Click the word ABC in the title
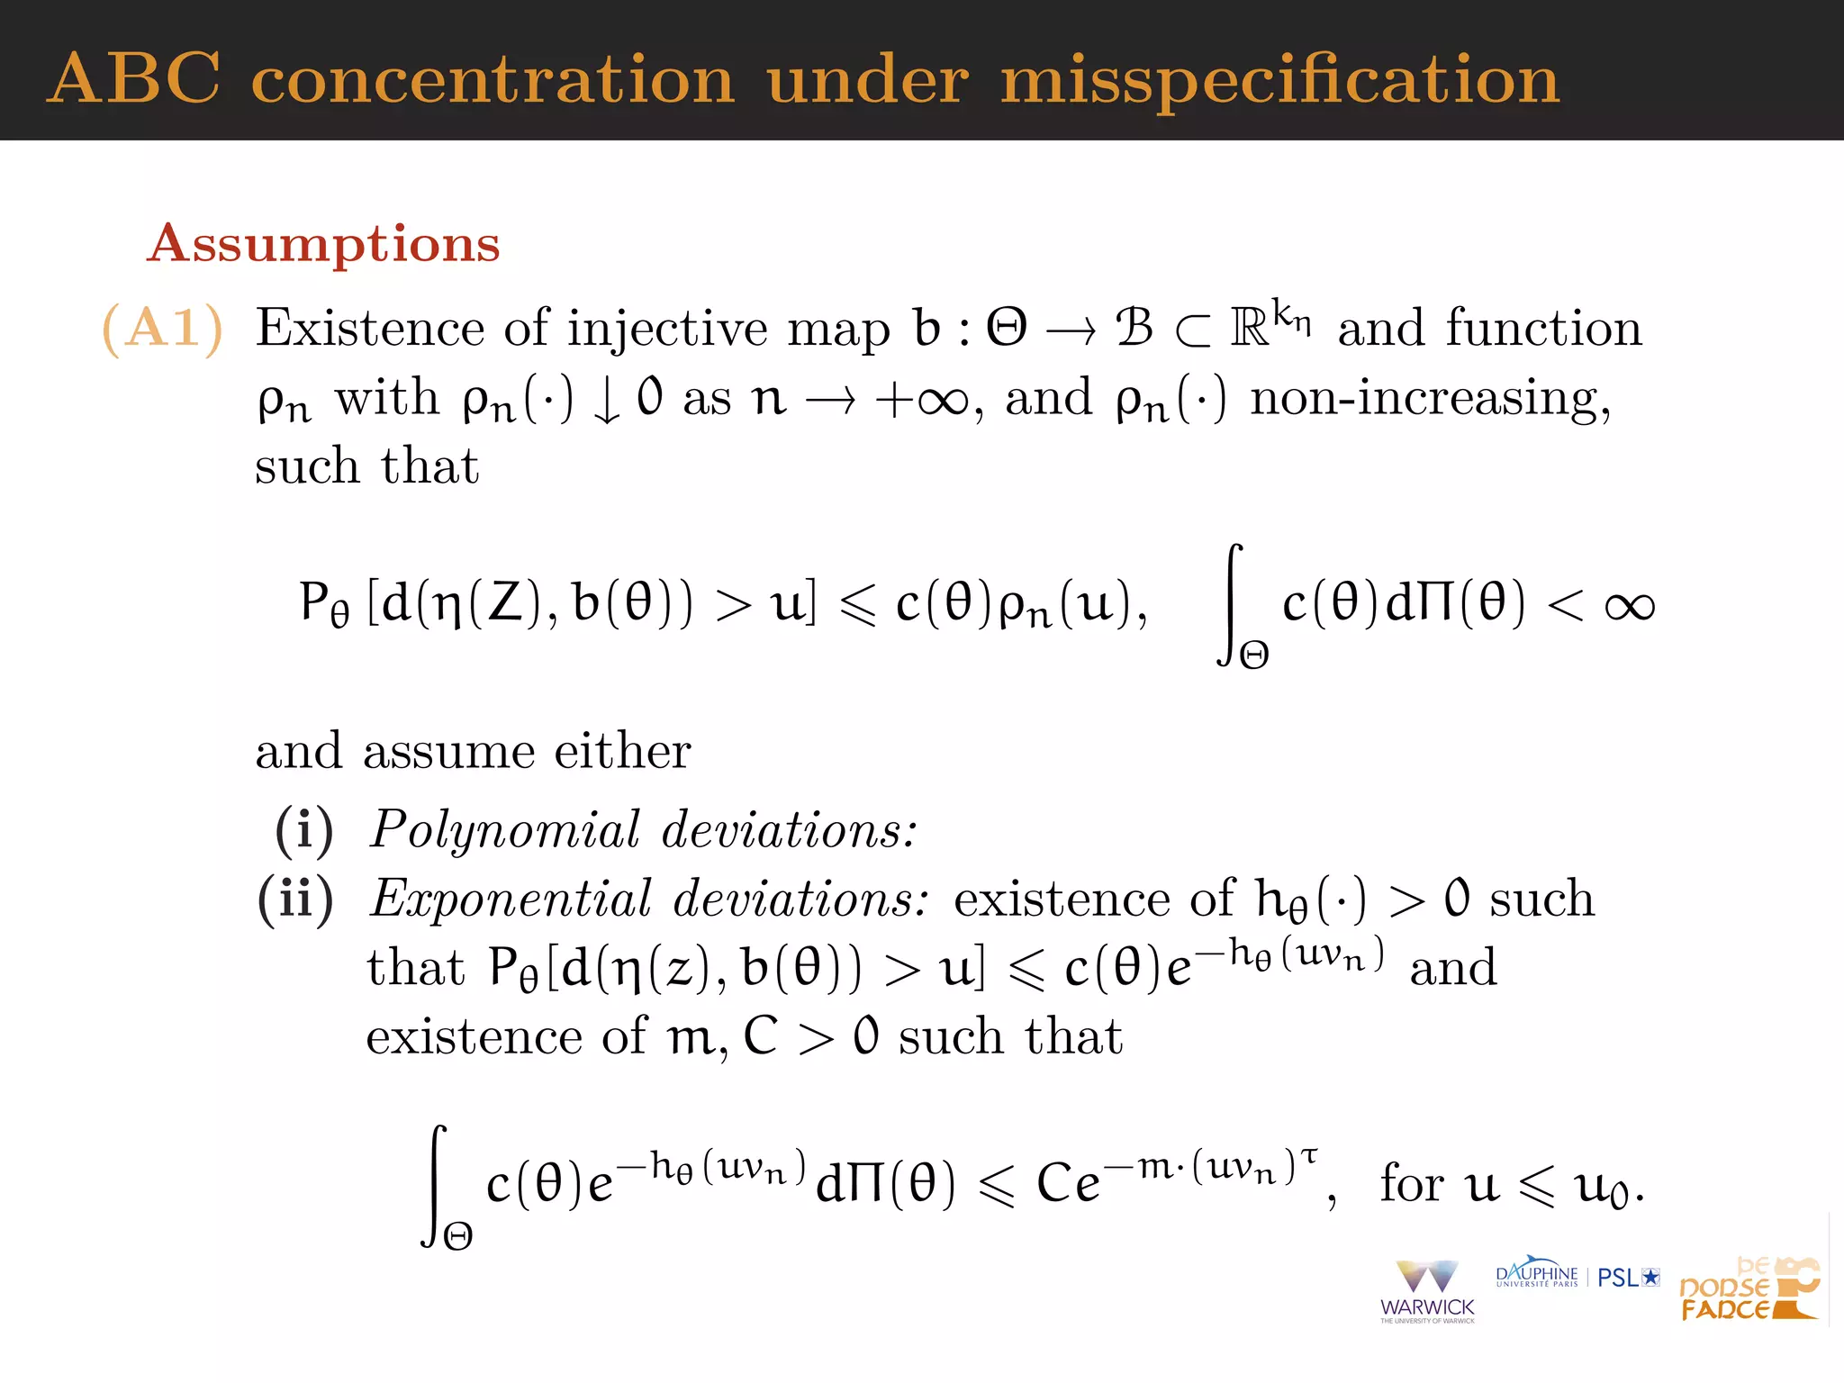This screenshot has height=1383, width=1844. tap(133, 79)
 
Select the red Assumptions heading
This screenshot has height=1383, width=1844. tap(323, 243)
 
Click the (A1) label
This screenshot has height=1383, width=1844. tap(162, 328)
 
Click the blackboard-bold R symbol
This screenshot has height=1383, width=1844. tap(1250, 328)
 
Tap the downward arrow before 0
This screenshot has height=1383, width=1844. tap(608, 401)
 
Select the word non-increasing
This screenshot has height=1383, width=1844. tap(1429, 398)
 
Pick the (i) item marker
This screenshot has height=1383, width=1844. tap(303, 829)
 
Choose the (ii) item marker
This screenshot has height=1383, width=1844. tap(295, 899)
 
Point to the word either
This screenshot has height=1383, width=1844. tap(622, 751)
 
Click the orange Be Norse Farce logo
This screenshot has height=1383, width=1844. tap(1749, 1289)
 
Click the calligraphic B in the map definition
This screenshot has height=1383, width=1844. tap(1134, 328)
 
